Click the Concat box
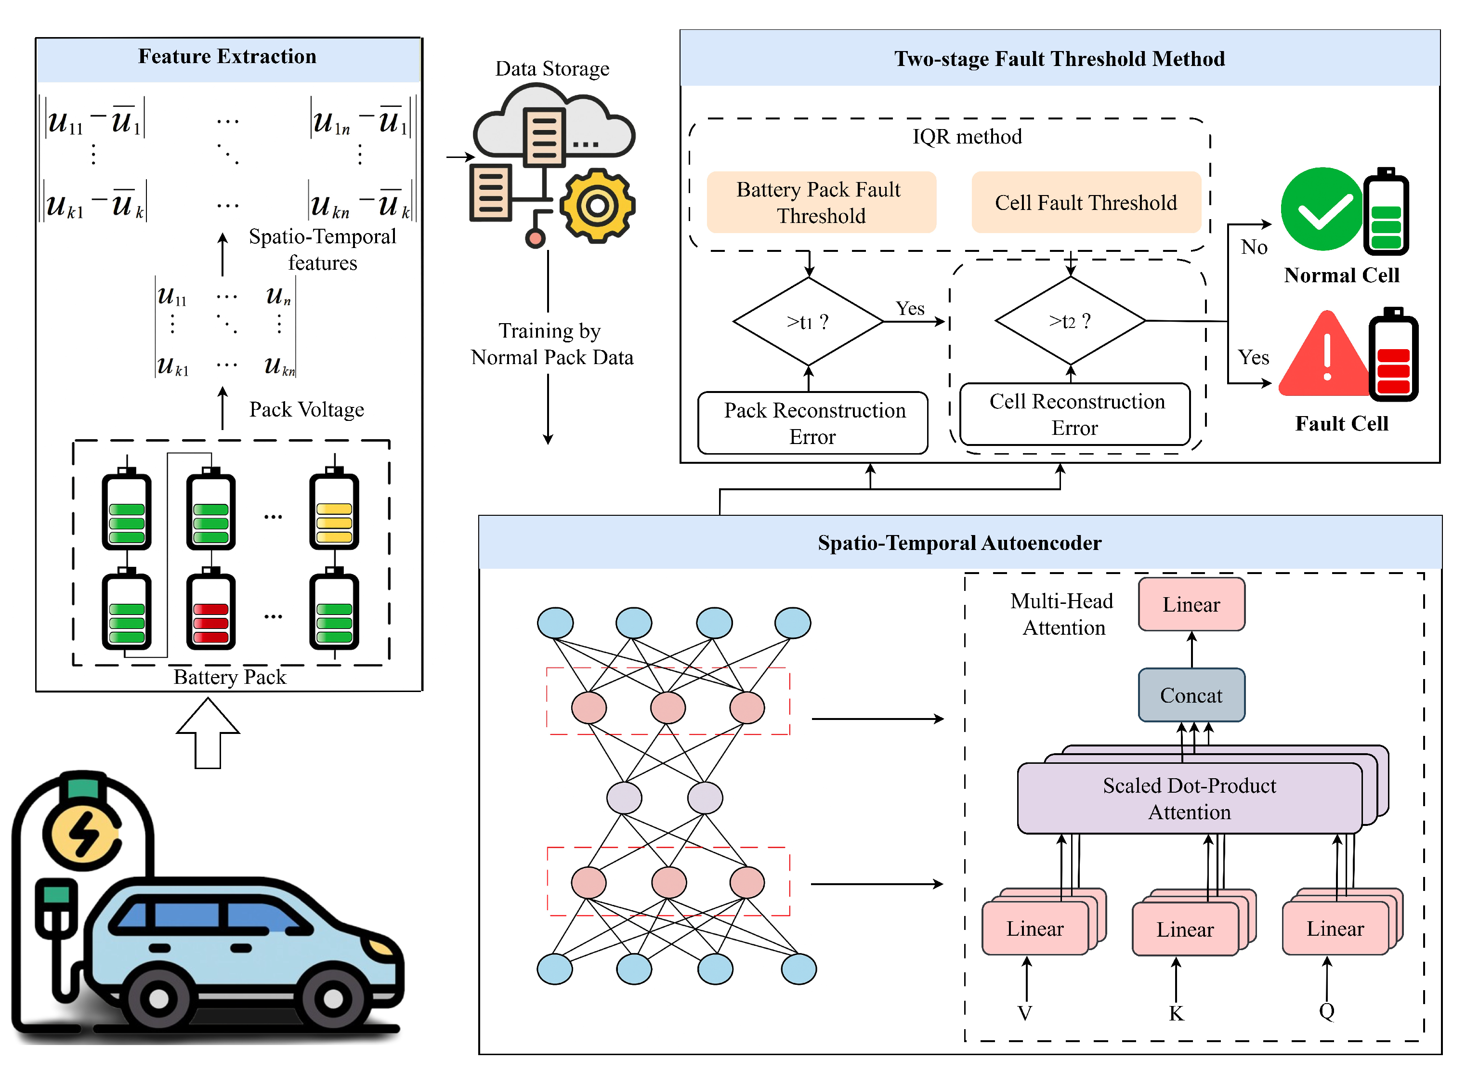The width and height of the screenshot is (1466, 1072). click(x=1191, y=695)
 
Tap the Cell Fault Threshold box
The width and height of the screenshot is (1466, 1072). click(x=1085, y=202)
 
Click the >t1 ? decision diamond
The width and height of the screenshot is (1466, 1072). click(x=808, y=321)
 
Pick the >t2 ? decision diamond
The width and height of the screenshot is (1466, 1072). click(x=1070, y=321)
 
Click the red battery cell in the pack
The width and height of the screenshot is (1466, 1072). click(x=211, y=613)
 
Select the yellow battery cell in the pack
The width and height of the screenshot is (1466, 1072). click(x=334, y=512)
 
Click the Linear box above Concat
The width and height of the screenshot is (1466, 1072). click(x=1191, y=604)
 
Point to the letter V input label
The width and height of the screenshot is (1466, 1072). click(x=1025, y=1013)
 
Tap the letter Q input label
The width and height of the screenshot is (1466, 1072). click(x=1326, y=1011)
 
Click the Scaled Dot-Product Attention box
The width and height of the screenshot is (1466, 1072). click(x=1189, y=798)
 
